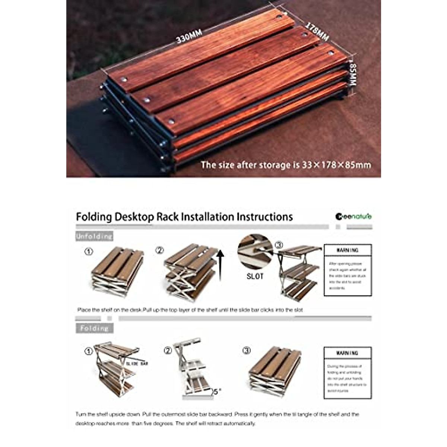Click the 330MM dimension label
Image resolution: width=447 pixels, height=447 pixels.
pos(189,36)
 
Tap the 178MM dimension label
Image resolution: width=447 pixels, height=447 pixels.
pos(317,31)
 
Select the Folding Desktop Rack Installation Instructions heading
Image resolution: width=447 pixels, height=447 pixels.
pos(184,217)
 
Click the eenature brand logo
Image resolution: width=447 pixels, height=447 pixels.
pos(354,216)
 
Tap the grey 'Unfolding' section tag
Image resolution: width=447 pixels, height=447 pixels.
pos(94,236)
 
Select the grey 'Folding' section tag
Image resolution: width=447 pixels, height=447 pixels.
pos(94,328)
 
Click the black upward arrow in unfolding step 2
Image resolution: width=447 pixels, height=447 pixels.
pos(220,265)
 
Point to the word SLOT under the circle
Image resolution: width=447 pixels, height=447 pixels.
pos(255,276)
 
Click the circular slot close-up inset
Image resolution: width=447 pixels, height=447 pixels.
pos(255,251)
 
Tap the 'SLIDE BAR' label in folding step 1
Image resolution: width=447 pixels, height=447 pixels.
pos(137,363)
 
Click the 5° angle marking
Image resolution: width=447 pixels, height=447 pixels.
pos(217,391)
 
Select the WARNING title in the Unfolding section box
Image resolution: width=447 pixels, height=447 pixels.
pos(348,250)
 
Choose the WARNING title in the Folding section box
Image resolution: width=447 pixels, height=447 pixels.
pos(348,353)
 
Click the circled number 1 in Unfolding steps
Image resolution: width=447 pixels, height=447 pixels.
pos(88,252)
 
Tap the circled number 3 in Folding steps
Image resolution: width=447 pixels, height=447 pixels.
pos(246,351)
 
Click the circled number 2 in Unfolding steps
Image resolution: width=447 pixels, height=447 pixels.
pos(159,250)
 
